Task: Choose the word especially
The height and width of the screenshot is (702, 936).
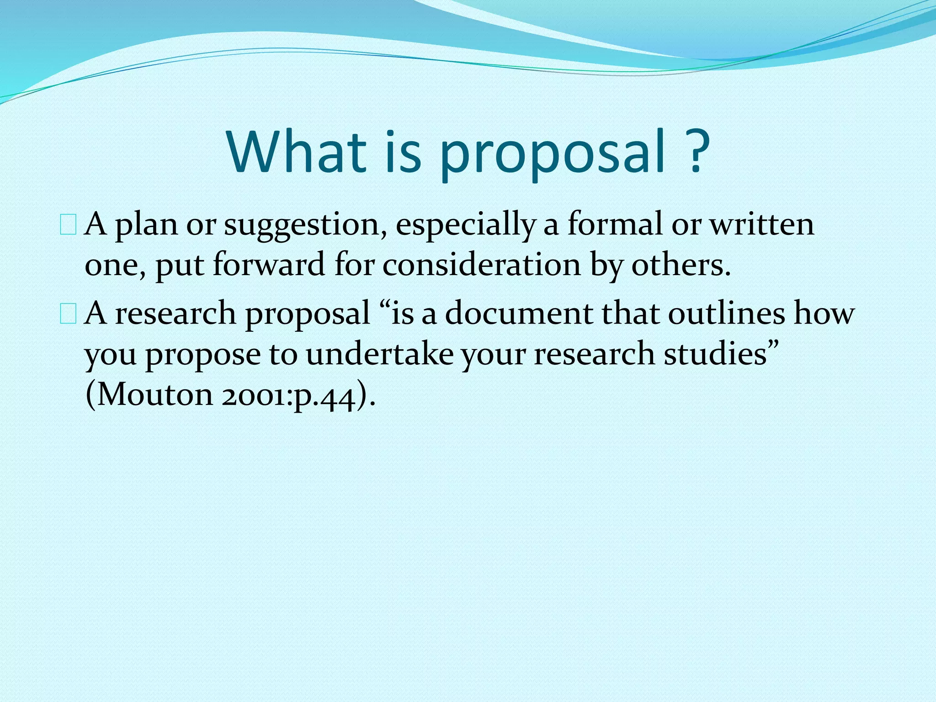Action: [465, 226]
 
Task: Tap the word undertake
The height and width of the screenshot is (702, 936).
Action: [379, 354]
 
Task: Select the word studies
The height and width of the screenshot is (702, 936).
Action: [715, 354]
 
